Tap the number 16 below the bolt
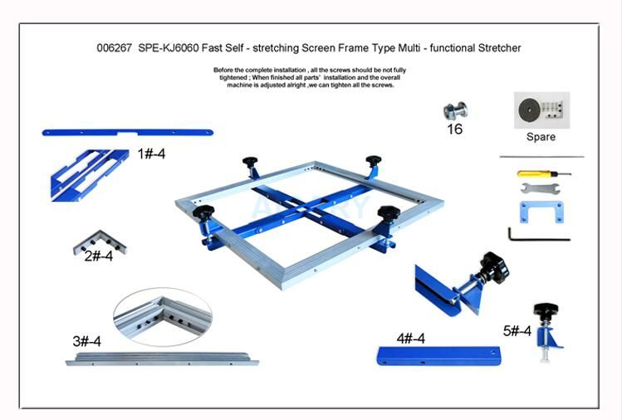tap(454, 129)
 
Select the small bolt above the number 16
tap(454, 111)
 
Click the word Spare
tap(541, 137)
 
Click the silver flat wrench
tap(541, 189)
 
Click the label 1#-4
tap(151, 154)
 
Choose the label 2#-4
tap(98, 256)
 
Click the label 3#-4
tap(86, 341)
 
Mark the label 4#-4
tap(410, 339)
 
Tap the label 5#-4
tap(517, 330)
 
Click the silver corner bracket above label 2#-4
tap(99, 242)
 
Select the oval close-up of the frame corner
tap(162, 316)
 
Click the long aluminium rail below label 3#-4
tap(162, 359)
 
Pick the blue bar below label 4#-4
tap(438, 356)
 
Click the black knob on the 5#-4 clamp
tap(546, 310)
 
